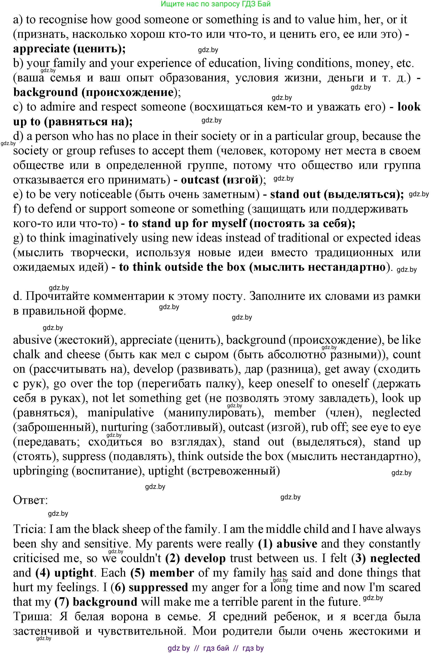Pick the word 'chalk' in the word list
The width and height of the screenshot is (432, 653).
coord(27,354)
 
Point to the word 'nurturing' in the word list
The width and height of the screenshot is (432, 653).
coord(124,427)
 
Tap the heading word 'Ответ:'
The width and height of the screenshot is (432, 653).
coord(31,500)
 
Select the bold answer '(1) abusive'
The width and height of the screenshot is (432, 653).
coord(288,544)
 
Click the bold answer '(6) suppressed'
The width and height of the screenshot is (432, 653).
coord(149,587)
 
